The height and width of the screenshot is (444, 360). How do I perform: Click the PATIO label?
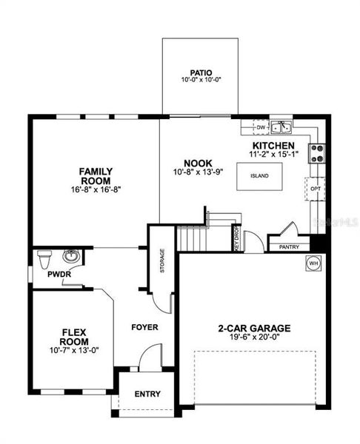[x=201, y=73]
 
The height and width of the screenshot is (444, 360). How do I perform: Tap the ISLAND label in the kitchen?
[x=259, y=176]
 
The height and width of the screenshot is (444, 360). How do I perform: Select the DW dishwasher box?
[x=261, y=127]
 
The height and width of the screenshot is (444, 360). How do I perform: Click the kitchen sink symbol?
[x=281, y=127]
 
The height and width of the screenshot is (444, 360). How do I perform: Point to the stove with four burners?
[x=316, y=153]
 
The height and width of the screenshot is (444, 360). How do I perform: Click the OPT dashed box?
[x=316, y=189]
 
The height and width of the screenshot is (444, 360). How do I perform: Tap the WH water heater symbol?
[x=313, y=263]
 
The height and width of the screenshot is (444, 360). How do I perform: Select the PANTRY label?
[x=289, y=247]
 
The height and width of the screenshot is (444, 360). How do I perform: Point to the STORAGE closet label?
[x=162, y=260]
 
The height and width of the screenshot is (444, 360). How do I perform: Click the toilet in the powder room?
[x=44, y=259]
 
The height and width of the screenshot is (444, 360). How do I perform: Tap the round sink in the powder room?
[x=71, y=256]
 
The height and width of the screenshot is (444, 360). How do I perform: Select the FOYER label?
[x=144, y=327]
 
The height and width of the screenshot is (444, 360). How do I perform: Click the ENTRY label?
[x=147, y=394]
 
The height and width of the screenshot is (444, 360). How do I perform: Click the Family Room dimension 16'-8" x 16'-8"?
[x=96, y=189]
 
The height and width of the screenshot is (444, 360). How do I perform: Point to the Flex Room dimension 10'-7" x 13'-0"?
[x=74, y=350]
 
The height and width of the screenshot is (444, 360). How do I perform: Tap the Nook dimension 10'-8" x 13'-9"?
[x=198, y=172]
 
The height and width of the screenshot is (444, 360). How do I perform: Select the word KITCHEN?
[x=273, y=146]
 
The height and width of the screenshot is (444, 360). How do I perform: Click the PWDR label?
[x=59, y=275]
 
